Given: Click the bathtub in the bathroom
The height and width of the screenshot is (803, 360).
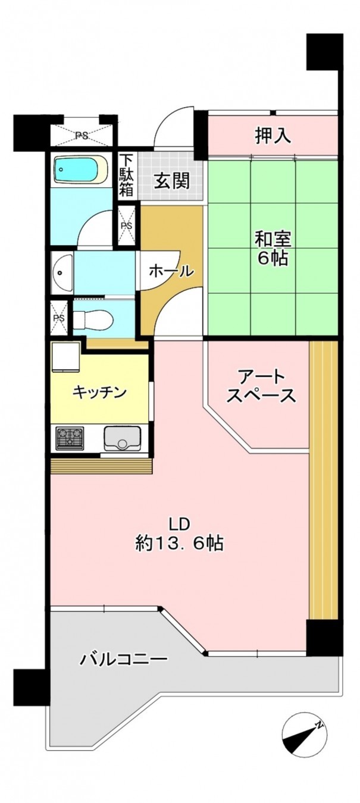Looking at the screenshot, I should click(80, 170).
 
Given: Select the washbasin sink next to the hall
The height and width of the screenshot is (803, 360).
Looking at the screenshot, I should click(62, 273).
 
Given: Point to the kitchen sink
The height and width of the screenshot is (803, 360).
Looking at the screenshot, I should click(122, 439).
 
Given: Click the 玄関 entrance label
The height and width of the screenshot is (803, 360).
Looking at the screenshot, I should click(172, 180).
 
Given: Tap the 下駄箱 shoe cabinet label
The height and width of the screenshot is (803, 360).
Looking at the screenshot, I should click(126, 175).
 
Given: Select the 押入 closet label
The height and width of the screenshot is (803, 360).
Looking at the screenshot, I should click(273, 136).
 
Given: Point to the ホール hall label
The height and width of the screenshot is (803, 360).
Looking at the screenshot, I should click(171, 272).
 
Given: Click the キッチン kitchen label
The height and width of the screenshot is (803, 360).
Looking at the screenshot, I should click(100, 393).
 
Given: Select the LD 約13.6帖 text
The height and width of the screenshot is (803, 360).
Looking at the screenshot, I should click(179, 534).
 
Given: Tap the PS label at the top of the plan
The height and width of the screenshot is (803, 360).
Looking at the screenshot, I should click(82, 136).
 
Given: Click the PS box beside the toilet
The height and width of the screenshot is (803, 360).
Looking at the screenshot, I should click(59, 318).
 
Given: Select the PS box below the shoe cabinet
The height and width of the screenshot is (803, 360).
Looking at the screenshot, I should click(127, 226).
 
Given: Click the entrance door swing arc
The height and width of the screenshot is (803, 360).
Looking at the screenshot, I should click(173, 128).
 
